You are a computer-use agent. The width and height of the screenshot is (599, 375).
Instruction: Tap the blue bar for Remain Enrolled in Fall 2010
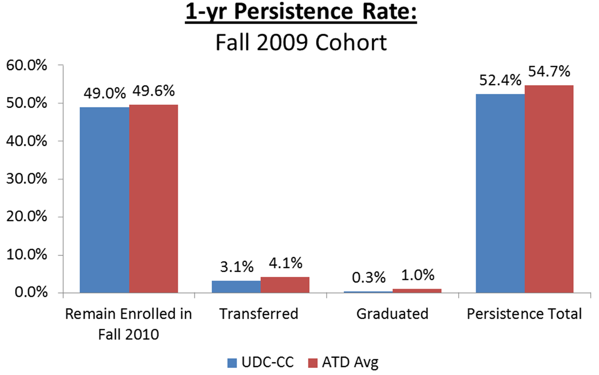(104, 200)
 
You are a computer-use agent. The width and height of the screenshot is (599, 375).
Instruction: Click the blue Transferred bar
(236, 287)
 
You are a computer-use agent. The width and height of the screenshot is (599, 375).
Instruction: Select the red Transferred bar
(285, 285)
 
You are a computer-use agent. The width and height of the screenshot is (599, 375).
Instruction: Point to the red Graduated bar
(417, 291)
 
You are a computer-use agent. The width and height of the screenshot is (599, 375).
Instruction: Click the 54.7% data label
(549, 71)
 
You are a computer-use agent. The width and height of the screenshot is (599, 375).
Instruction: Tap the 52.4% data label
(500, 80)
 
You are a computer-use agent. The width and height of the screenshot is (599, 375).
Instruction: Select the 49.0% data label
(105, 93)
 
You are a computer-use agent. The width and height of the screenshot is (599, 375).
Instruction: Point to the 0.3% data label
(369, 277)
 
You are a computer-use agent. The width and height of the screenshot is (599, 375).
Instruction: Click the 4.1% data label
(285, 263)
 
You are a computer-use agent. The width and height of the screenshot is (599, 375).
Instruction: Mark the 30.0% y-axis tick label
(27, 179)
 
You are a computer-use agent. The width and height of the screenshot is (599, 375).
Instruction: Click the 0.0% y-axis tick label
(31, 293)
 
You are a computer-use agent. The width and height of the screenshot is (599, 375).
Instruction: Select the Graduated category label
(392, 314)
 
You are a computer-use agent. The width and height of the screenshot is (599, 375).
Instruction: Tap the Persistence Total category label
(524, 314)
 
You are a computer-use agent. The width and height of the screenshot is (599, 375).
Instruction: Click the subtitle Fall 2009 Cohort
(301, 43)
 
